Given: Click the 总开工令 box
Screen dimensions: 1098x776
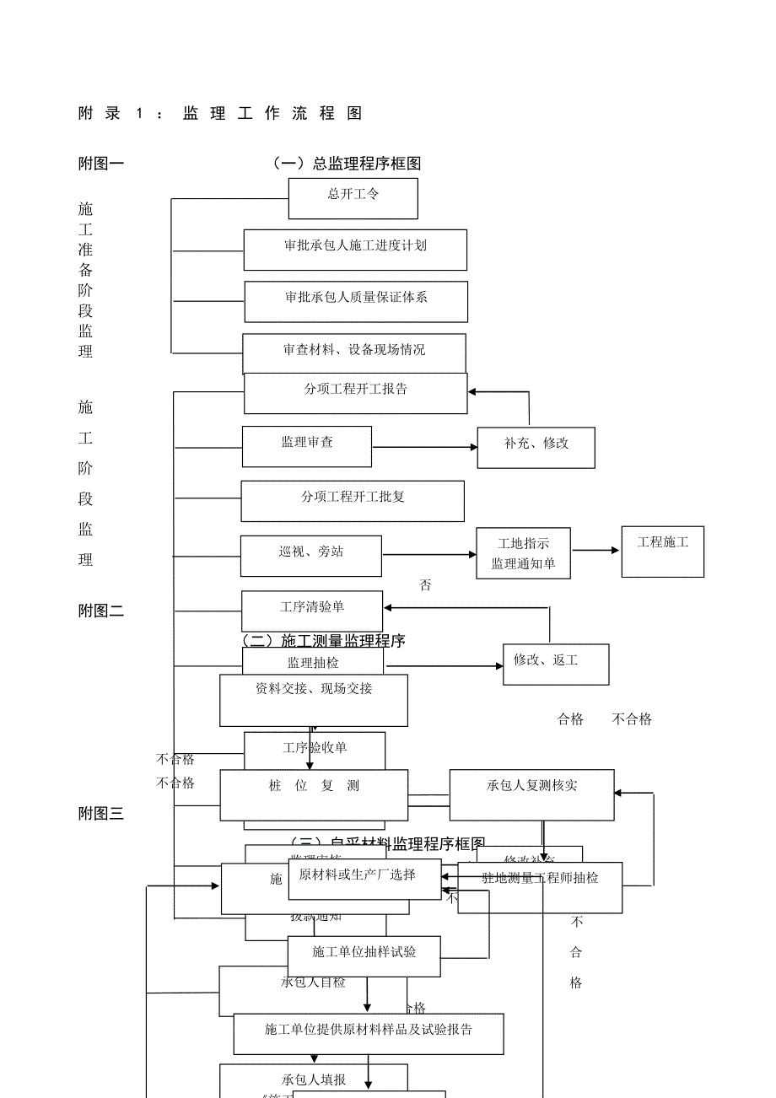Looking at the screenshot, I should [353, 198].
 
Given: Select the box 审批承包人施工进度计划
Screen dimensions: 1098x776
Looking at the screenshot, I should [355, 250].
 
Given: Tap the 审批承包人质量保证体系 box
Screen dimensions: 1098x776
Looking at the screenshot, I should [356, 301].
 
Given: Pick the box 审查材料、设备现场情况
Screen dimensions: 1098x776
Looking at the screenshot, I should [354, 353].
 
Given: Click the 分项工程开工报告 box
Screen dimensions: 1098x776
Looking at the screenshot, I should [355, 394].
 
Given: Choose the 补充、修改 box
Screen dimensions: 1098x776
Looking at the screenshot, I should [536, 447].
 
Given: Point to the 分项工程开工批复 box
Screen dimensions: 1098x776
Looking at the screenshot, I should [353, 501].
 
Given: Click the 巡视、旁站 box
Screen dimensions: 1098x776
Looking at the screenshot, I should [310, 556].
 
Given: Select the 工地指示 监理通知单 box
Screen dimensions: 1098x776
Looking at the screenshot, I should [523, 553].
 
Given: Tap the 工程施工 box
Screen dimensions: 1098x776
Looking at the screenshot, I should [662, 552].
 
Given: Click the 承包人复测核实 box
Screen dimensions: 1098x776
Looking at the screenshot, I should [531, 794].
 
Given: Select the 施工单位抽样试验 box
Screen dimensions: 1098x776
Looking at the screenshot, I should [364, 956].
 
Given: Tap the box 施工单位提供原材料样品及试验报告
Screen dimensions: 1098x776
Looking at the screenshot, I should [369, 1034].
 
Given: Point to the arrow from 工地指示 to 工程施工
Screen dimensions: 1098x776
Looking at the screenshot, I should [595, 551].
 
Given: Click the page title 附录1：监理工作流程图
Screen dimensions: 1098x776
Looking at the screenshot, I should [220, 114].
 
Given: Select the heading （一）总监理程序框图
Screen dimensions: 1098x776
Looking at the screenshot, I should [346, 164].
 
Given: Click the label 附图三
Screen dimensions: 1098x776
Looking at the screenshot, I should [101, 814].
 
